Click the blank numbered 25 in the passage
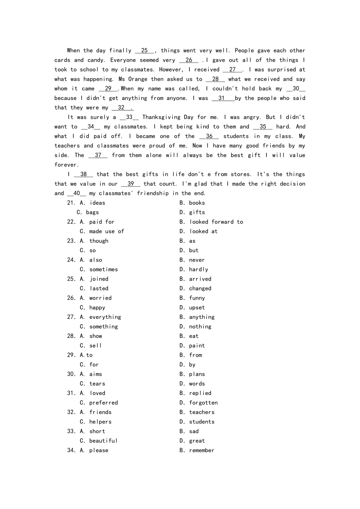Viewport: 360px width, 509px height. (x=144, y=51)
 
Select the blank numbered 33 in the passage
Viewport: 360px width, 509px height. (x=129, y=117)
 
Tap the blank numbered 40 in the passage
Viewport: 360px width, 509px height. (x=77, y=194)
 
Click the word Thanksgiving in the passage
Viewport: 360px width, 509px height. (x=161, y=117)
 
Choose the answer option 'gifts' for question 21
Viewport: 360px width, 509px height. (x=197, y=212)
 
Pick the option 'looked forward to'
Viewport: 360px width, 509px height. (x=216, y=222)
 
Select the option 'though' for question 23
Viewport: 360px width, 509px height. (x=99, y=241)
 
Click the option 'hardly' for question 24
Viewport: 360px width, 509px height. (x=199, y=270)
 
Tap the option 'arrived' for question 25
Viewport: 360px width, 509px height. (x=200, y=279)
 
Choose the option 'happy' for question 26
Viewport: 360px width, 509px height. (x=97, y=308)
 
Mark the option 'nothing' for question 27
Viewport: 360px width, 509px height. (x=200, y=327)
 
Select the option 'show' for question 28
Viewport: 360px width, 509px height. (x=95, y=336)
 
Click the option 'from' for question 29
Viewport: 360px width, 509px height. (x=196, y=355)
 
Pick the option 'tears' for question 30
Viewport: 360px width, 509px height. (x=97, y=384)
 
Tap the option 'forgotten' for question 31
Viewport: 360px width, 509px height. (x=203, y=403)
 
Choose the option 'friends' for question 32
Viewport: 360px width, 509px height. (x=100, y=412)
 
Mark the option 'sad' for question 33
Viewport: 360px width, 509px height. (x=194, y=431)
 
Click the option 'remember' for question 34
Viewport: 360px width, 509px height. (x=202, y=451)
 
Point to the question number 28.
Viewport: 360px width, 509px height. (x=71, y=336)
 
